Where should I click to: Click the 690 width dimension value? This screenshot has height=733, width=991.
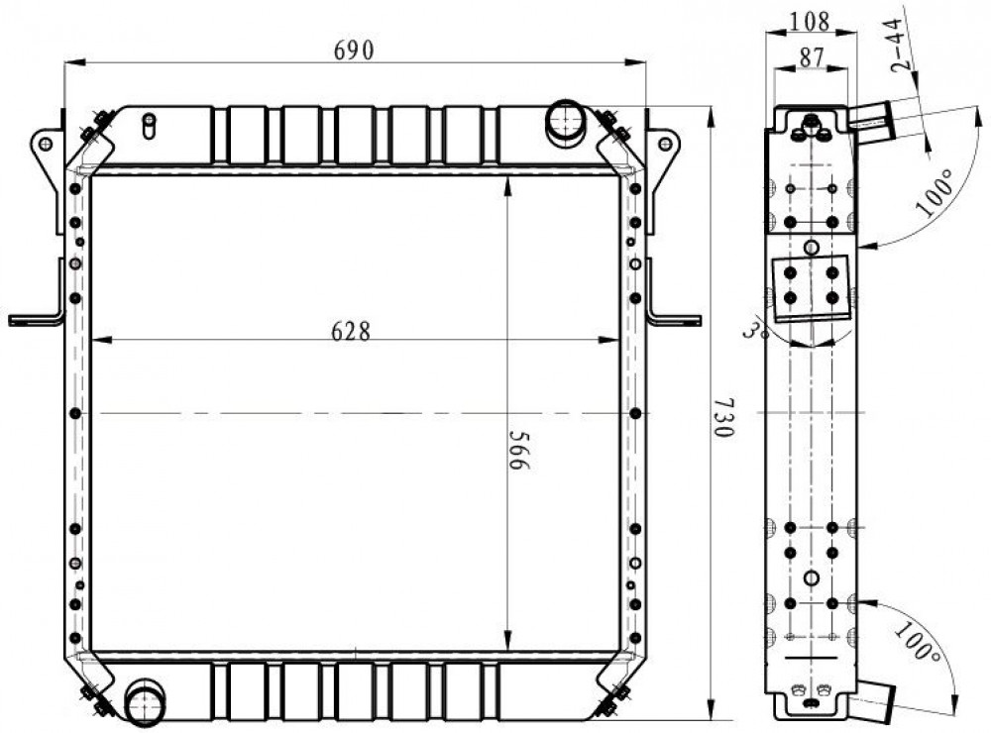click(x=354, y=50)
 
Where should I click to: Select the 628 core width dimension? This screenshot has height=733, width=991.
click(x=351, y=331)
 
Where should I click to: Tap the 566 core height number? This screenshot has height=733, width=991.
click(x=519, y=451)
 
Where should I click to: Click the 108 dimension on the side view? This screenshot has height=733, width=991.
click(x=810, y=22)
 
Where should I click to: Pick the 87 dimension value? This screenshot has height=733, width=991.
click(x=813, y=57)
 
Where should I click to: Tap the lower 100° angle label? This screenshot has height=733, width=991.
click(x=915, y=643)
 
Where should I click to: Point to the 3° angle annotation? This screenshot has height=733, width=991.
click(x=754, y=331)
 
